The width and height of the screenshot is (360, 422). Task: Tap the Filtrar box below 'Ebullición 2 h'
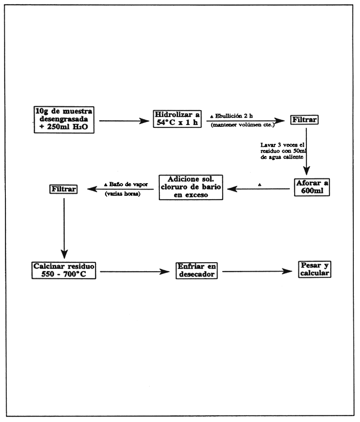(x=305, y=121)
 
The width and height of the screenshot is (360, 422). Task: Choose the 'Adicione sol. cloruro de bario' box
(x=191, y=188)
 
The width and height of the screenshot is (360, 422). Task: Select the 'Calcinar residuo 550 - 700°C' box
(x=64, y=269)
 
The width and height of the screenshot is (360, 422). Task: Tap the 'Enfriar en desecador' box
(x=196, y=271)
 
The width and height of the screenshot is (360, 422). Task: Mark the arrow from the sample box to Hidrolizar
(x=124, y=121)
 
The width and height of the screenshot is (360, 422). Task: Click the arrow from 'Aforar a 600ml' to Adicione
(x=258, y=189)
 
